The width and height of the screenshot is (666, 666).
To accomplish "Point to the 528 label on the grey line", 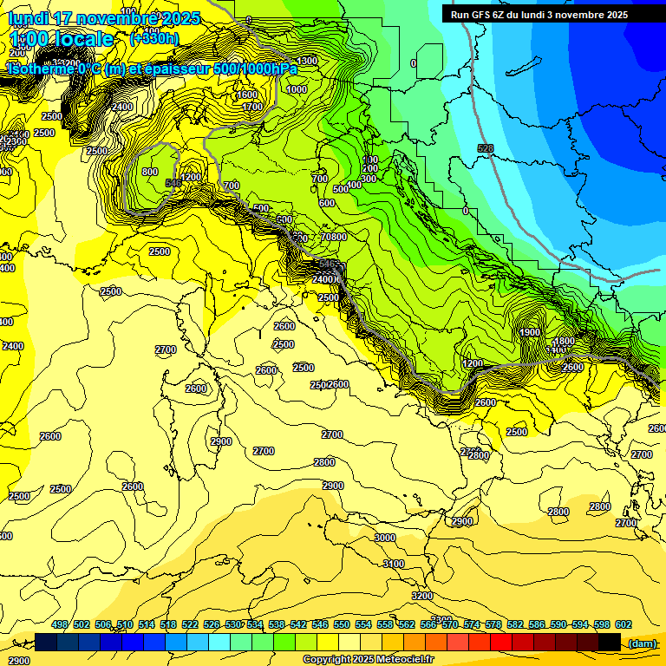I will click(x=486, y=149).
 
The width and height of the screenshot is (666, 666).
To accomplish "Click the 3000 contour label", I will click(x=385, y=538).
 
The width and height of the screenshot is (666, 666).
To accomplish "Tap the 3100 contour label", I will click(x=394, y=564).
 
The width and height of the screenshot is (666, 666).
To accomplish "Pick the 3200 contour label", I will click(x=422, y=596).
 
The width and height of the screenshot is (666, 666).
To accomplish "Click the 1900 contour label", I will click(x=531, y=332).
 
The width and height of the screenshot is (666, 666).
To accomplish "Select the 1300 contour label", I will click(x=307, y=61).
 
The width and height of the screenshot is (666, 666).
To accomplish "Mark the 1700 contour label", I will click(x=252, y=107).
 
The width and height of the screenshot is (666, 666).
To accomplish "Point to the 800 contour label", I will click(x=150, y=172).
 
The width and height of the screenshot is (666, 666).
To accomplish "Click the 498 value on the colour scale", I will click(x=60, y=624).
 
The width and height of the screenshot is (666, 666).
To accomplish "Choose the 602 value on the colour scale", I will click(x=624, y=624).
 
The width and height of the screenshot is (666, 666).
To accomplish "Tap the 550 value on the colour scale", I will click(x=342, y=624).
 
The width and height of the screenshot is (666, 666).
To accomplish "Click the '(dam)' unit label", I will click(x=642, y=643).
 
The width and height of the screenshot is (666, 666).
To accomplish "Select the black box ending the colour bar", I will click(x=610, y=642).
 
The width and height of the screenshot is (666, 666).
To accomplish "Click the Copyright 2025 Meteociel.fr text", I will click(x=368, y=659).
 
